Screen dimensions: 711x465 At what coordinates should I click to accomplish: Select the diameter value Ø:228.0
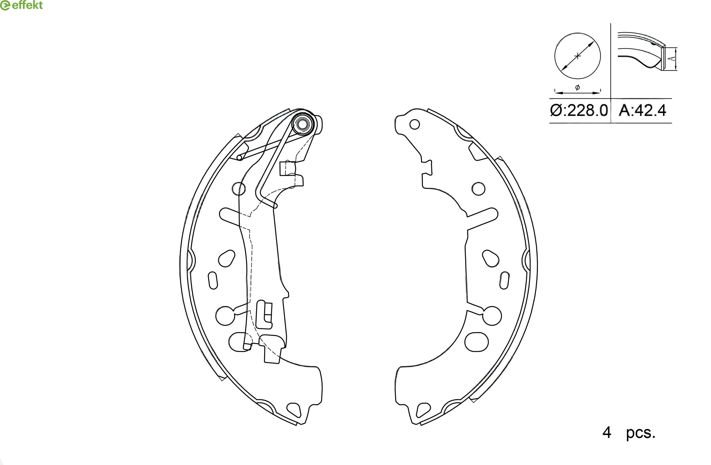579,111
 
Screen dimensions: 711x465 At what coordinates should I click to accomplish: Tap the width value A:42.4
642,111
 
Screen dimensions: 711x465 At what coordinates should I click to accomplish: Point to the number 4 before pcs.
607,433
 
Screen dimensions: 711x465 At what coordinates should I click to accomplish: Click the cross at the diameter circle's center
577,56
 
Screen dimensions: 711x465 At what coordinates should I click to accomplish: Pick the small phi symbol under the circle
577,87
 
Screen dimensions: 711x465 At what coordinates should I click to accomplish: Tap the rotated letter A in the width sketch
671,59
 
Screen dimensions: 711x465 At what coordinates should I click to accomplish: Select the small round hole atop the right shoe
415,124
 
